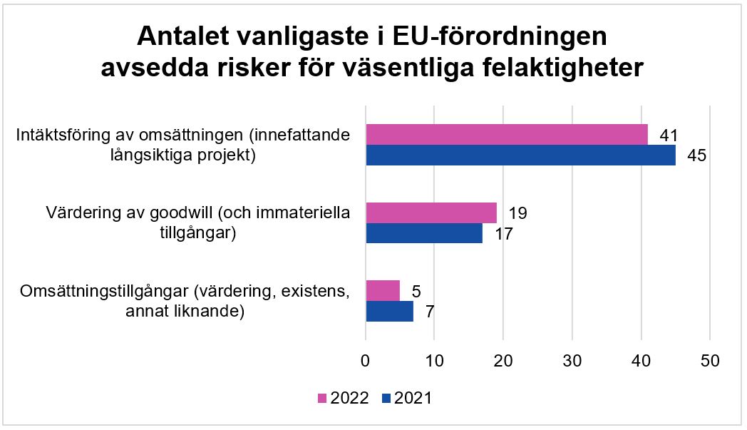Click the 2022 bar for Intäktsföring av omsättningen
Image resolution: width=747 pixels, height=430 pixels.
[x=507, y=134]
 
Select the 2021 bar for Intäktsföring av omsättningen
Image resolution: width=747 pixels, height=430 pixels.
[x=520, y=155]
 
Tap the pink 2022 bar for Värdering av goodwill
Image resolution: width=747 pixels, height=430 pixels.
[x=431, y=213]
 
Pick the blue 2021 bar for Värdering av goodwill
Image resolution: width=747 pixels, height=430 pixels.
[x=424, y=233]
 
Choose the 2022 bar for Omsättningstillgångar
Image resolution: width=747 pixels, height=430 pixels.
[x=383, y=291]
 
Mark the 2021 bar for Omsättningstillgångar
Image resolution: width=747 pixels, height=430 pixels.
[x=389, y=312]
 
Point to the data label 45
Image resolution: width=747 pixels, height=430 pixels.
[x=696, y=155]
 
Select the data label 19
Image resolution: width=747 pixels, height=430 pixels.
[x=517, y=213]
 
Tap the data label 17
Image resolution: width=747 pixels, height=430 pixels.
[x=503, y=233]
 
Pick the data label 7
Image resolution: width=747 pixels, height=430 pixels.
[x=430, y=312]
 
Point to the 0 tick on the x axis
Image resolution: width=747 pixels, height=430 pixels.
[x=366, y=361]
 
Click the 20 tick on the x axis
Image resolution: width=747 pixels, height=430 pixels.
[x=503, y=361]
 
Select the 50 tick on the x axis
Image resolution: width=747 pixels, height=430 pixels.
[x=710, y=361]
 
